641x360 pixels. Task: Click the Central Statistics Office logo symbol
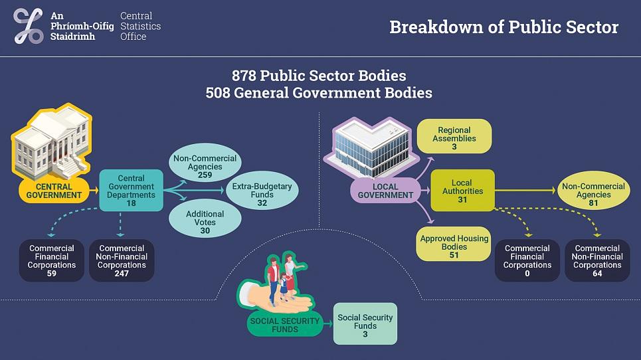click(x=28, y=27)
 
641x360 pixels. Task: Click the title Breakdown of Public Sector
click(x=504, y=27)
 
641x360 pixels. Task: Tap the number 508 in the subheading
click(x=219, y=92)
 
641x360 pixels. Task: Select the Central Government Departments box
click(x=131, y=191)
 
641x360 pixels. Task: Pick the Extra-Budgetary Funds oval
click(x=262, y=195)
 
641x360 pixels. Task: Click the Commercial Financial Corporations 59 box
click(x=52, y=260)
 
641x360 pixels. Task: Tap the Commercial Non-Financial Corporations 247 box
click(x=122, y=260)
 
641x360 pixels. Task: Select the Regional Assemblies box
click(x=454, y=138)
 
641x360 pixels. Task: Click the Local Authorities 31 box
click(x=462, y=191)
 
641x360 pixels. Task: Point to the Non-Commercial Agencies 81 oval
click(x=593, y=195)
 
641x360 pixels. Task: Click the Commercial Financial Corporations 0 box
click(x=527, y=260)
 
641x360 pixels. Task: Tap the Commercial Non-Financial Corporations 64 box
click(x=597, y=260)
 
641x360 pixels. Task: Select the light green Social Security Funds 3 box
click(x=365, y=325)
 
